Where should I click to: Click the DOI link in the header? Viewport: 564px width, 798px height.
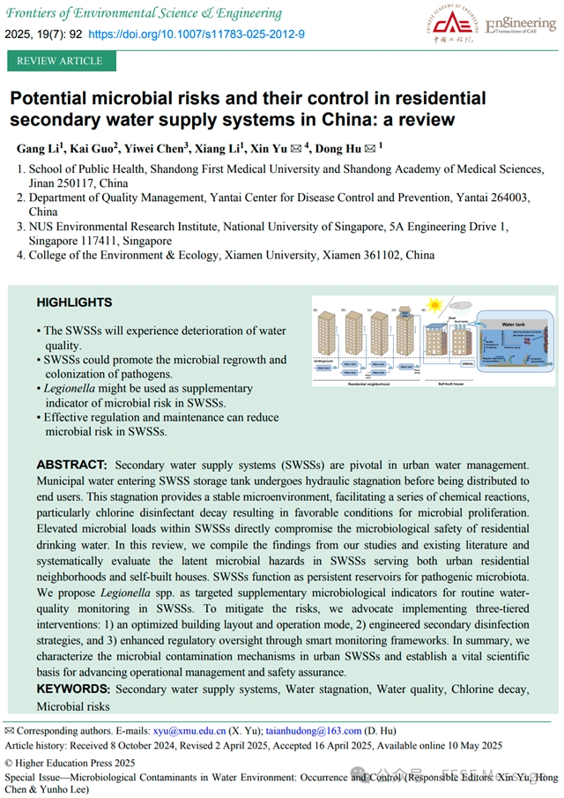[197, 34]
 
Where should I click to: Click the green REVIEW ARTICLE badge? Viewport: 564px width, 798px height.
[61, 61]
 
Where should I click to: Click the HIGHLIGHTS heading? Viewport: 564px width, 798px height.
[74, 302]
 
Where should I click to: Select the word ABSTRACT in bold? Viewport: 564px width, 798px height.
[72, 465]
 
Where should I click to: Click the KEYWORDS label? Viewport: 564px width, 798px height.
[74, 689]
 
